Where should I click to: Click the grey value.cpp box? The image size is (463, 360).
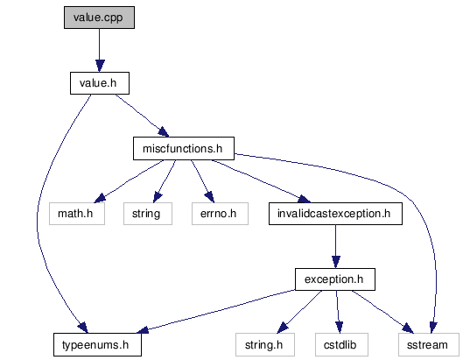click(99, 18)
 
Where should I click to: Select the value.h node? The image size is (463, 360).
click(100, 83)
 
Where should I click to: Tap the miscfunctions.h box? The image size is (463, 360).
click(184, 148)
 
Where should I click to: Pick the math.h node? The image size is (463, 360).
click(77, 214)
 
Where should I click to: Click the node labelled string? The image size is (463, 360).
click(148, 214)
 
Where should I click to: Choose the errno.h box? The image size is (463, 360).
click(220, 214)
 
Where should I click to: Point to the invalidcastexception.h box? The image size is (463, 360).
click(335, 214)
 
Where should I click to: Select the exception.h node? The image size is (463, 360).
click(335, 279)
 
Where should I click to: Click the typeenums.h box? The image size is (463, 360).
click(97, 344)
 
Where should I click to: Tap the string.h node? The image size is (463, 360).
click(265, 344)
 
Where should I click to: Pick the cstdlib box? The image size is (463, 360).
click(341, 344)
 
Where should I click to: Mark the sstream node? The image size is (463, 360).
click(429, 344)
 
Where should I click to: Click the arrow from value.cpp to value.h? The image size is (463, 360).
click(100, 50)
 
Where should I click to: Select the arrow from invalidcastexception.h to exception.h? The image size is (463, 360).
click(335, 246)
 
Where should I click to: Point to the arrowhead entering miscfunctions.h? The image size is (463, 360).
click(164, 132)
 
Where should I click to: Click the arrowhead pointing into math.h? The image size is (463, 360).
click(100, 198)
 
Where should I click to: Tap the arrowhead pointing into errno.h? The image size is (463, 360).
click(209, 197)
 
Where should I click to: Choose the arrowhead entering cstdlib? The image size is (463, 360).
click(340, 328)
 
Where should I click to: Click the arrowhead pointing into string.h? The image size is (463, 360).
click(283, 328)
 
